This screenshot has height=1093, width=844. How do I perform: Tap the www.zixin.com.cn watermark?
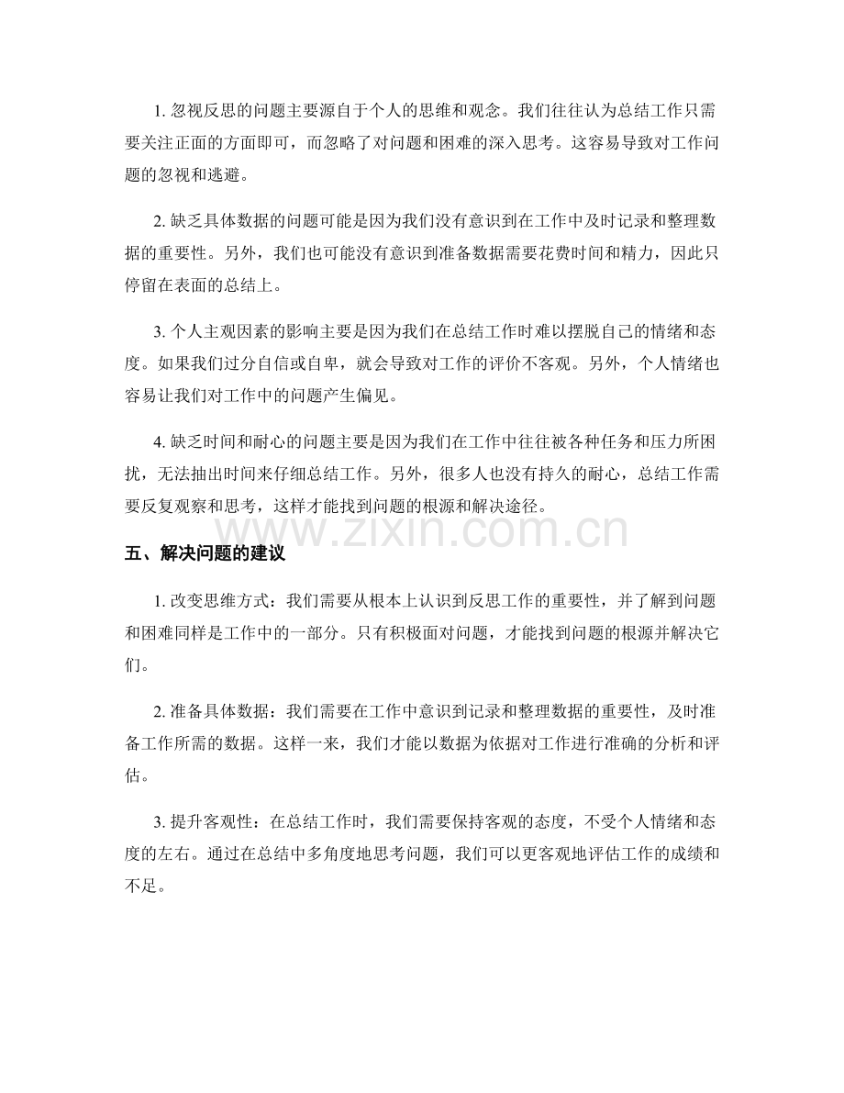pos(422,530)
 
